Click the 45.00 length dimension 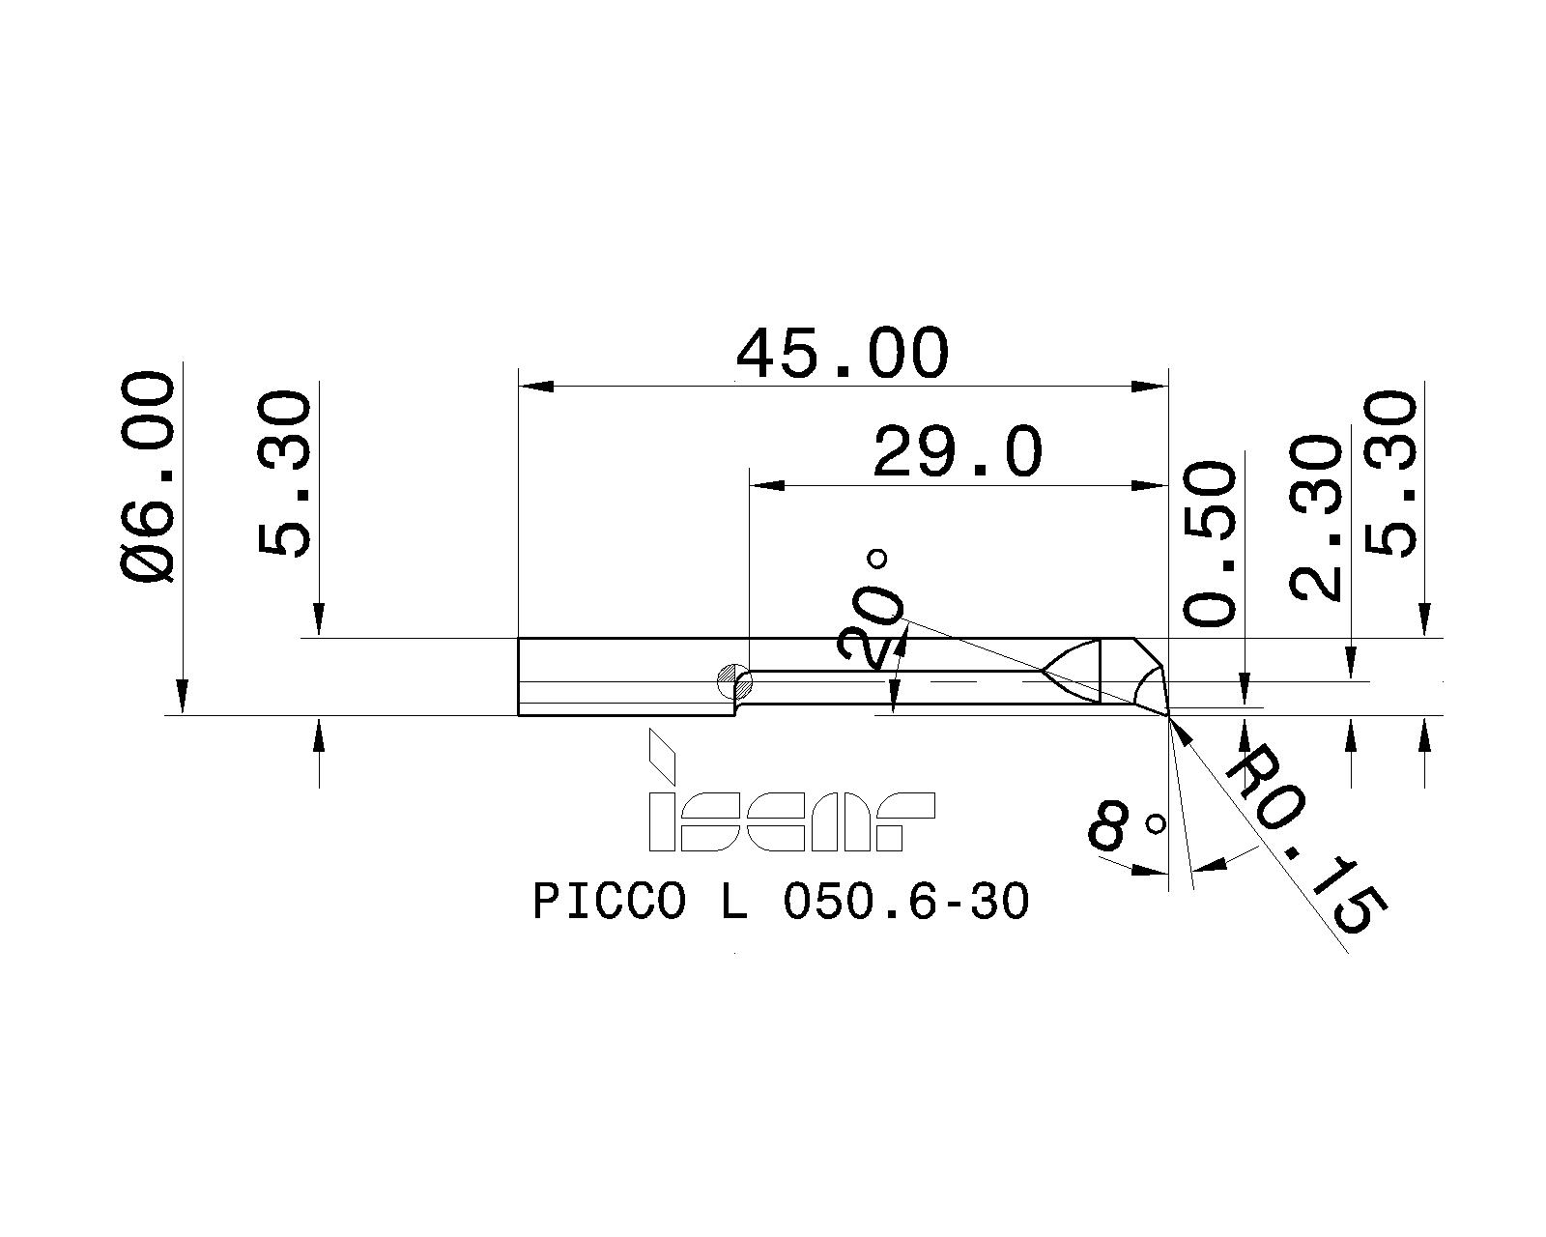[842, 354]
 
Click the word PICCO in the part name [610, 903]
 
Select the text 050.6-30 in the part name [905, 903]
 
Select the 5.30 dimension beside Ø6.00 [286, 473]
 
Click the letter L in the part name [733, 903]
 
